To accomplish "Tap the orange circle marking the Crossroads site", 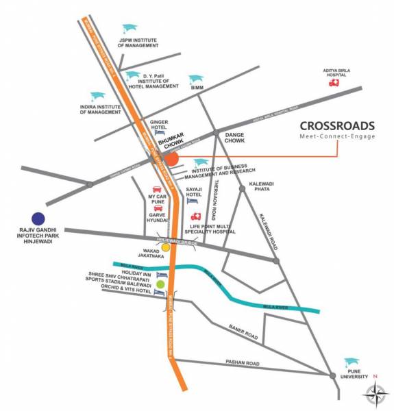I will [x=172, y=159].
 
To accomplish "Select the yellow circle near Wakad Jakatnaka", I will [x=165, y=248].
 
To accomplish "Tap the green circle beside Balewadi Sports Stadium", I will [x=160, y=284].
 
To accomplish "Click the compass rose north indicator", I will [x=375, y=393].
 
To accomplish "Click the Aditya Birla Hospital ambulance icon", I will [x=334, y=82].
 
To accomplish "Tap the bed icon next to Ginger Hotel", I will [x=159, y=132].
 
